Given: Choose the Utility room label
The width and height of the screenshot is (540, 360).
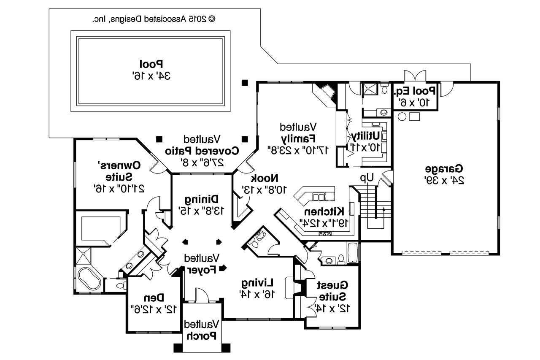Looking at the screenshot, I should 365,136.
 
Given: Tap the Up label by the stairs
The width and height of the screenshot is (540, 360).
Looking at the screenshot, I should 367,179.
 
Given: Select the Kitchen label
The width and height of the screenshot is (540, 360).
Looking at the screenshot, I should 325,211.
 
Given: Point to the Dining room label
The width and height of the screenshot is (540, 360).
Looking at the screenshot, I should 201,199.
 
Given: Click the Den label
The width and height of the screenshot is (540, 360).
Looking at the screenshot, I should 154,298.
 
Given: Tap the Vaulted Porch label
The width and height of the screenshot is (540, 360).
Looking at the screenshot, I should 201,330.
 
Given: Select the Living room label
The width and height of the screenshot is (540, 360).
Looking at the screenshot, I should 258,282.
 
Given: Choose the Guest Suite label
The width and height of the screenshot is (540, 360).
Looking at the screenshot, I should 332,290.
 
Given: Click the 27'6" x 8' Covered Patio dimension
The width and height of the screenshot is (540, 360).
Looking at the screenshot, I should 202,162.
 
